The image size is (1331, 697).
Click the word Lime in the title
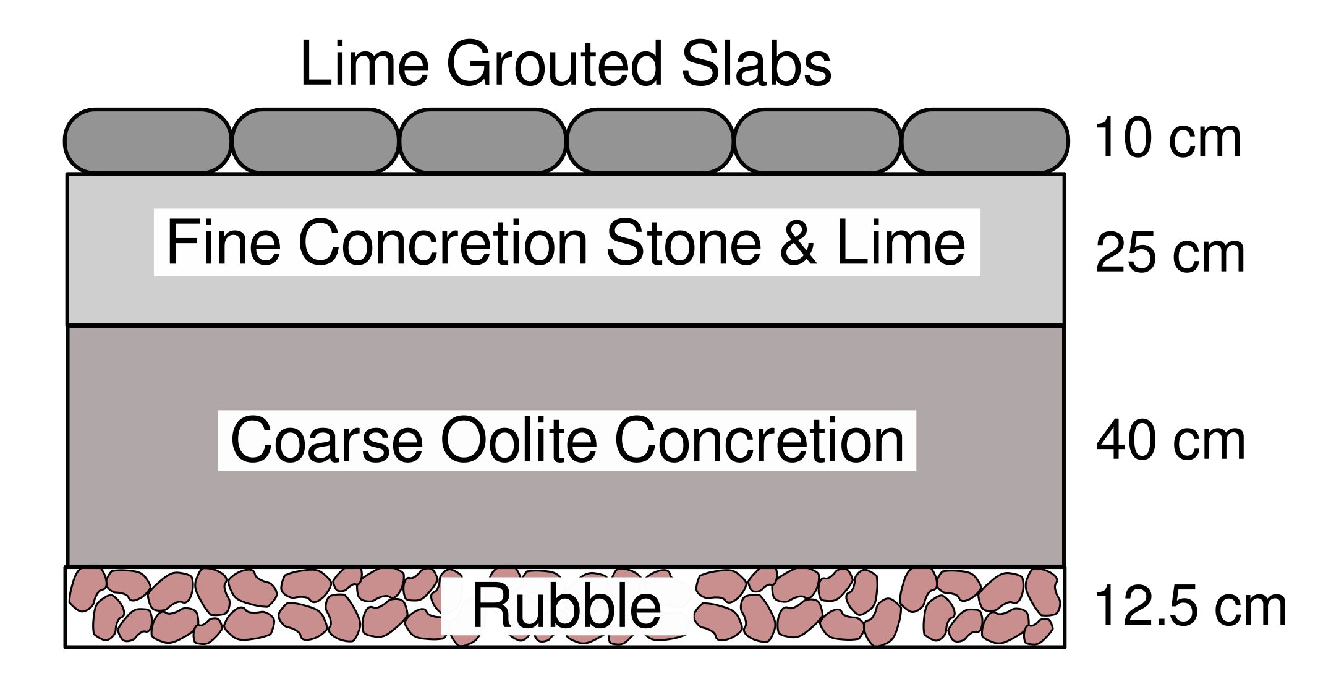tap(364, 64)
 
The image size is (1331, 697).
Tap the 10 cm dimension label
tap(1167, 139)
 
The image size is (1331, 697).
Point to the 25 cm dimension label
tap(1170, 253)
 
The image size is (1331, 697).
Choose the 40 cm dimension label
tap(1170, 440)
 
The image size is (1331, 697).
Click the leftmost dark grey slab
tap(148, 141)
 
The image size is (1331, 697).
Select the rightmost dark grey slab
tap(985, 141)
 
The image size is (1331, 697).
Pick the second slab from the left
tap(315, 141)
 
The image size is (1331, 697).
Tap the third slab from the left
tap(483, 141)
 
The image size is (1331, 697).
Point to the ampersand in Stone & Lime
tap(798, 243)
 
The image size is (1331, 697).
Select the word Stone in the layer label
tap(684, 243)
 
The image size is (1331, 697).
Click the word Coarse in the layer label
tap(327, 441)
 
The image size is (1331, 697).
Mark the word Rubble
tap(566, 607)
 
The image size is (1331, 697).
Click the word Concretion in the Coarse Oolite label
tap(759, 441)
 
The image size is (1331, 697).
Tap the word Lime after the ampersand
tap(901, 243)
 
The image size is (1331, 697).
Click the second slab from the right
tap(817, 141)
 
